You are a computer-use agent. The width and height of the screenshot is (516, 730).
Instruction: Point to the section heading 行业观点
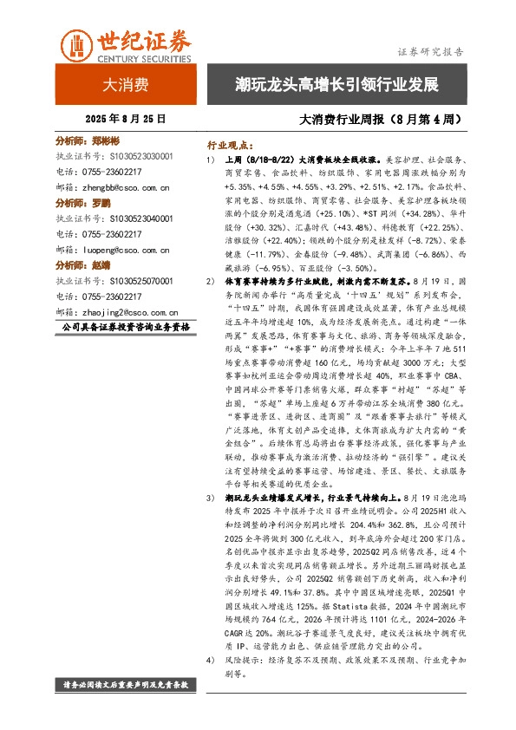(x=227, y=145)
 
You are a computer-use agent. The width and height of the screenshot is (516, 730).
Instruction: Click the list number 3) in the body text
(x=210, y=499)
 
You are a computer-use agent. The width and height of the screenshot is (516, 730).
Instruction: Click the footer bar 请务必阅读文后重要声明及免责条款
(x=126, y=685)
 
